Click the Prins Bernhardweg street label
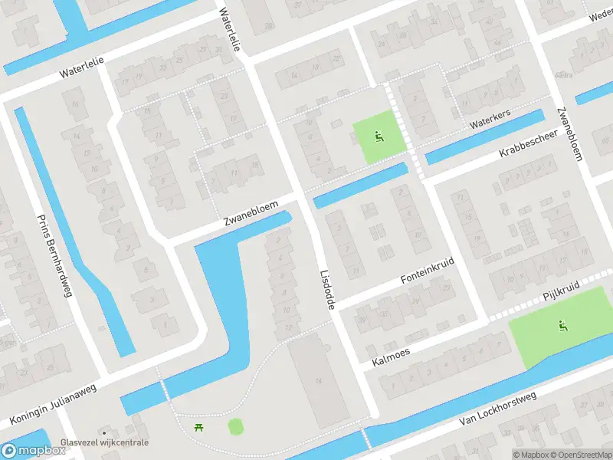click(x=54, y=255)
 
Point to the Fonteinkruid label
click(x=428, y=271)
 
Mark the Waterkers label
click(x=490, y=122)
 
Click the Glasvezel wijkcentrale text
click(x=105, y=443)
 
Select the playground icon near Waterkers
click(x=378, y=138)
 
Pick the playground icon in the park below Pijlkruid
click(x=563, y=326)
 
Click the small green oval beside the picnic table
click(x=235, y=426)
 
